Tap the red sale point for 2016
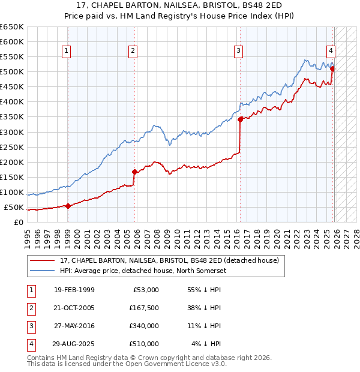pyautogui.click(x=240, y=119)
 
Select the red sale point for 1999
pyautogui.click(x=68, y=206)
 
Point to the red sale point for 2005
pyautogui.click(x=134, y=172)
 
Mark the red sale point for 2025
pyautogui.click(x=332, y=68)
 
